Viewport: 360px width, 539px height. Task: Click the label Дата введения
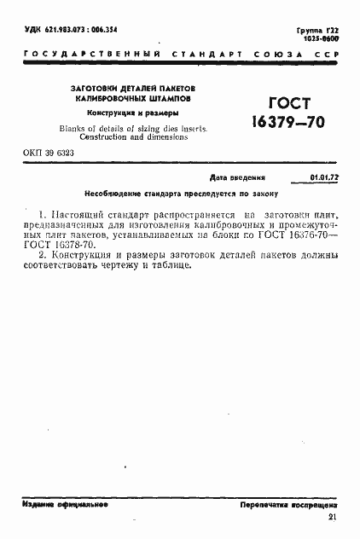[x=237, y=178]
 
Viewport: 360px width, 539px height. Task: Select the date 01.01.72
[x=322, y=178]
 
